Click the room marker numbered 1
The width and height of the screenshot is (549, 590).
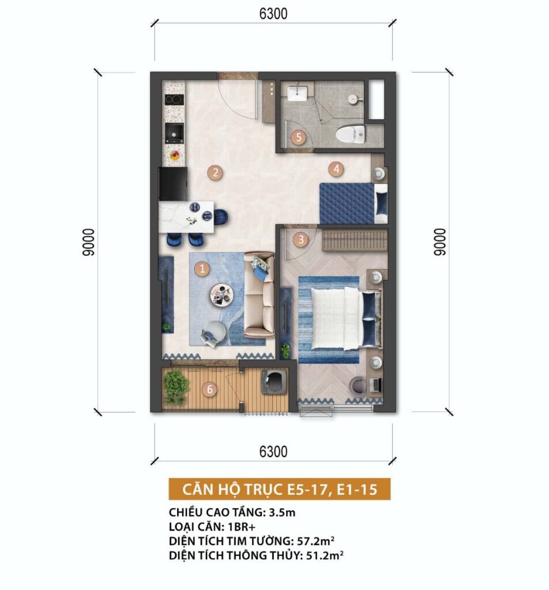(x=202, y=268)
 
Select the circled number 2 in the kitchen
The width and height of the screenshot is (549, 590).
(x=215, y=173)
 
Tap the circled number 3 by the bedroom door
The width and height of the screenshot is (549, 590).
(x=300, y=240)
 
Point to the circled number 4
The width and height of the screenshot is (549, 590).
(x=336, y=169)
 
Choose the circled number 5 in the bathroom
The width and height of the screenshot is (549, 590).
(x=299, y=137)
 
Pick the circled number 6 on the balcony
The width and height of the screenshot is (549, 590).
(x=210, y=389)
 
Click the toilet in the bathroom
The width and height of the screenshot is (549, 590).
(x=351, y=134)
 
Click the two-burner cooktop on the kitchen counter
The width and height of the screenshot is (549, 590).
(x=174, y=100)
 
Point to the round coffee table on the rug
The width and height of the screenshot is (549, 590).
(x=222, y=294)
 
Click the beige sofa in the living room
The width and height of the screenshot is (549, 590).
(x=259, y=294)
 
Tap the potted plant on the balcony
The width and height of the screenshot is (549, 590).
(x=176, y=387)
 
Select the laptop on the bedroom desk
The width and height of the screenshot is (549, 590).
(x=375, y=384)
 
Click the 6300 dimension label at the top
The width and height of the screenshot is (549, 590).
(x=273, y=14)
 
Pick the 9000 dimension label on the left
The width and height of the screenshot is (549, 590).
(x=88, y=242)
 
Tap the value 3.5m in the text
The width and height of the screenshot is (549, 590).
(x=282, y=512)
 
